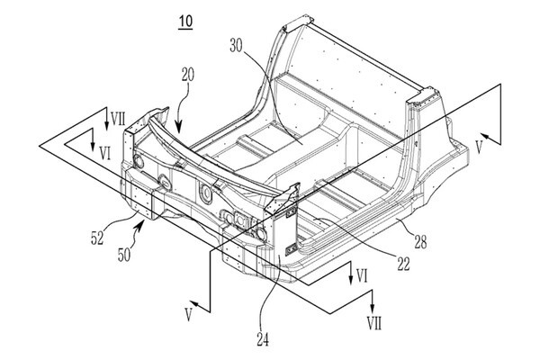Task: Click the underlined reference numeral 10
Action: (x=185, y=22)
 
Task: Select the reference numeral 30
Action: (x=236, y=46)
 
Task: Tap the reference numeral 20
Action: (x=188, y=75)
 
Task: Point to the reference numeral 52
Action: (x=97, y=238)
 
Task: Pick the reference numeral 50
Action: (x=124, y=256)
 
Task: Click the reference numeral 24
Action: (x=263, y=340)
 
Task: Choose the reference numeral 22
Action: (x=403, y=265)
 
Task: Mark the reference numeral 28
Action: (x=420, y=242)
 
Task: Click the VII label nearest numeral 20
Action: (x=118, y=120)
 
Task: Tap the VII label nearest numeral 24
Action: (x=374, y=324)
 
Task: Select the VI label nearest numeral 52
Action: (x=105, y=153)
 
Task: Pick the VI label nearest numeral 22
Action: (x=362, y=275)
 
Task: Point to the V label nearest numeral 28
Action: (x=479, y=148)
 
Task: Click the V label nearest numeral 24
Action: (x=188, y=315)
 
